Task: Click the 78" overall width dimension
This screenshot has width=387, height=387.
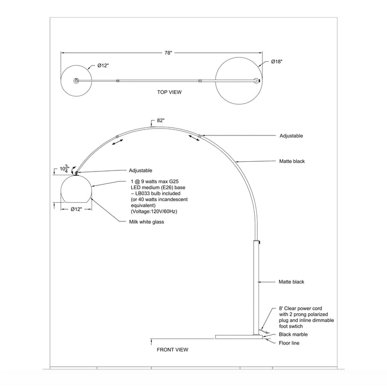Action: [168, 53]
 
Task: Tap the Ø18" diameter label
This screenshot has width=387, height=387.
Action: [276, 62]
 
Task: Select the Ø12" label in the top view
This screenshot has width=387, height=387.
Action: [103, 66]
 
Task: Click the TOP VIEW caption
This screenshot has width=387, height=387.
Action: [169, 92]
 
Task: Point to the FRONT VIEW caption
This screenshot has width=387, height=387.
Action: [173, 349]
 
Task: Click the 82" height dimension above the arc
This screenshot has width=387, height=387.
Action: [161, 120]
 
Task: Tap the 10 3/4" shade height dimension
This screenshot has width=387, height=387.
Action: [64, 169]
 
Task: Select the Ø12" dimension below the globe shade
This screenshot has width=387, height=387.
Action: [76, 209]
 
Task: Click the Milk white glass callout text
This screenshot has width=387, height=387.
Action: [147, 222]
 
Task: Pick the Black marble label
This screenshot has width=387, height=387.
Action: [293, 334]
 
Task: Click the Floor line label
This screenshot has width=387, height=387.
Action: [289, 343]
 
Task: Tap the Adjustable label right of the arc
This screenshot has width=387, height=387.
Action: [291, 136]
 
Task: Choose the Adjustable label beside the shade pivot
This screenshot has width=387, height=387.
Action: [141, 170]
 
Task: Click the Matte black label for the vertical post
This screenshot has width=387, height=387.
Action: [291, 282]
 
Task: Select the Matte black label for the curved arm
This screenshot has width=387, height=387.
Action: [292, 161]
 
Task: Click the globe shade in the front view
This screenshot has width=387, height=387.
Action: [76, 189]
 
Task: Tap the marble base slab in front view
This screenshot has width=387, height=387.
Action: [239, 337]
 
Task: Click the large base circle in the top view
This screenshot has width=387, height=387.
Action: [239, 81]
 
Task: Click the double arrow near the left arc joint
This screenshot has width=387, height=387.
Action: [118, 142]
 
